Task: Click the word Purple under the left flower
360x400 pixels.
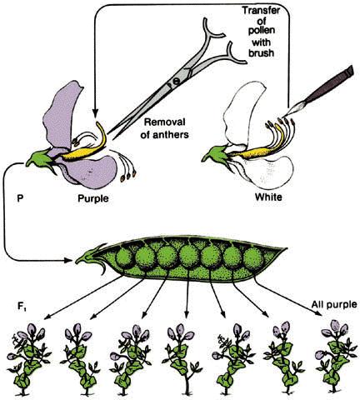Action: click(x=93, y=198)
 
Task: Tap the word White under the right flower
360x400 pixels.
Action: click(x=268, y=197)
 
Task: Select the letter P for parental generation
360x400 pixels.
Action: click(x=20, y=198)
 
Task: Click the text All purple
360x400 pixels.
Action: click(x=334, y=304)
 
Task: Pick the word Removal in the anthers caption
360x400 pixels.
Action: click(x=164, y=122)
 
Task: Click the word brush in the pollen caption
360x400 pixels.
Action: click(x=261, y=52)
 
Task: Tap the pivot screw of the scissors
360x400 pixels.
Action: click(x=176, y=82)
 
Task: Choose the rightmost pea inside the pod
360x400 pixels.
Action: click(x=253, y=258)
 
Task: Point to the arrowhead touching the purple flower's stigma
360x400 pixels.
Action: click(x=95, y=113)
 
